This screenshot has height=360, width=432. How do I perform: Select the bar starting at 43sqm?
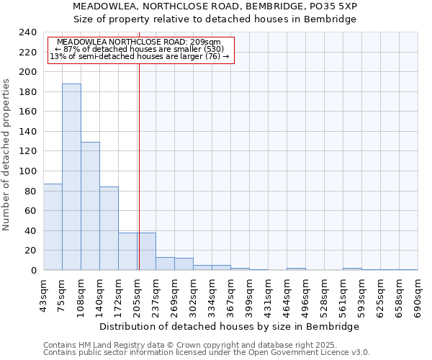click(53, 227)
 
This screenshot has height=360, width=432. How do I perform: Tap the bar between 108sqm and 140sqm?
click(90, 206)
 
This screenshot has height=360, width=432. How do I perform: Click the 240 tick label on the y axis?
click(28, 32)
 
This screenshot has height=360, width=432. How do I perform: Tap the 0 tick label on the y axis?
click(33, 271)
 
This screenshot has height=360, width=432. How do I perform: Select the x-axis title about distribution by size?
click(229, 326)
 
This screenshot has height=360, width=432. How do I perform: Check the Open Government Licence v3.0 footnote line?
click(206, 352)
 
